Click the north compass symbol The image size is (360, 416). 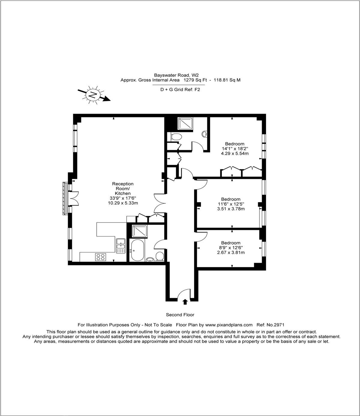coord(93,95)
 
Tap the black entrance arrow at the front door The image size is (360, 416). coord(185,302)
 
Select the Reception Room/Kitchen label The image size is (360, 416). coord(123,188)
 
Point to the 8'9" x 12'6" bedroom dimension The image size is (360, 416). coord(231,248)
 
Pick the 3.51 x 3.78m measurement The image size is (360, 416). coord(231,209)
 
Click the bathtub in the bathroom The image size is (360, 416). coord(137,250)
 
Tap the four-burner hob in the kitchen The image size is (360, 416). coord(100,257)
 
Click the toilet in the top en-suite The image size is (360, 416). coord(176,137)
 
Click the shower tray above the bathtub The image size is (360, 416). coord(139,231)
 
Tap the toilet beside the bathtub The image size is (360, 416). coord(160,256)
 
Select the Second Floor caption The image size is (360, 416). coord(180,315)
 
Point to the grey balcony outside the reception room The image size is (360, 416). coord(65,199)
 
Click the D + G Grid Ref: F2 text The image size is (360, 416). coord(180,90)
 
